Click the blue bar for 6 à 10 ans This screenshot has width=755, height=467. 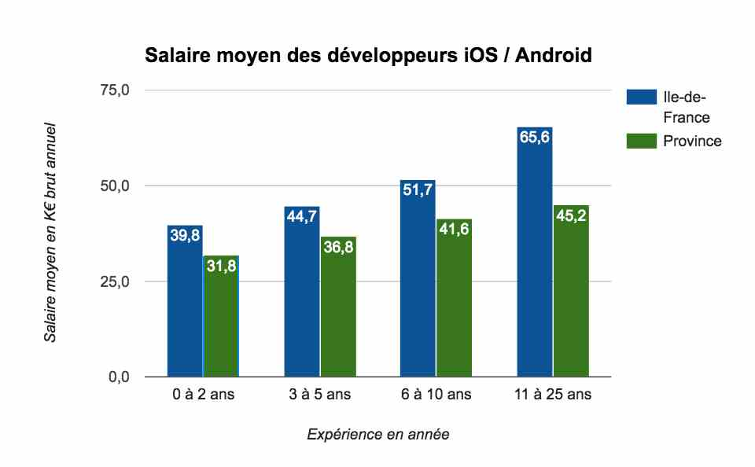tap(418, 278)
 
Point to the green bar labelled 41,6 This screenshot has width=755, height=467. tap(454, 298)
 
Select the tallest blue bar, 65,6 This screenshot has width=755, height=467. tap(535, 252)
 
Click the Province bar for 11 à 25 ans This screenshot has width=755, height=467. tap(571, 291)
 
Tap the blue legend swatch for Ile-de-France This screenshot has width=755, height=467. tap(641, 97)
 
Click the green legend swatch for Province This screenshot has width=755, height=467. tap(641, 141)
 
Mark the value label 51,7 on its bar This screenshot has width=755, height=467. tap(418, 190)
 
